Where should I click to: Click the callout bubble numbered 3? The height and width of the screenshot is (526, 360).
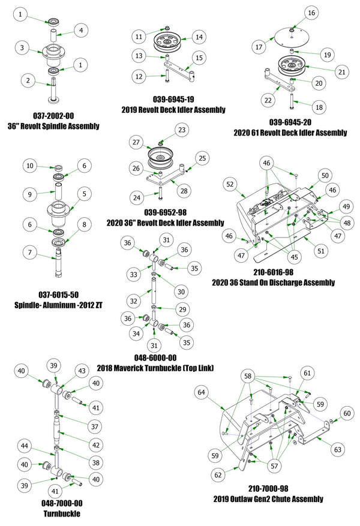click(22, 47)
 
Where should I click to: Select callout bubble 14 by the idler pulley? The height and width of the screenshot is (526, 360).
click(199, 37)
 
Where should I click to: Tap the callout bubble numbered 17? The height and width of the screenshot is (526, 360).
click(259, 46)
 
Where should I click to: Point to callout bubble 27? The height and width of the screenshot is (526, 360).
click(137, 143)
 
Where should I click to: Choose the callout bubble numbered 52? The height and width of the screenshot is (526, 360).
click(230, 186)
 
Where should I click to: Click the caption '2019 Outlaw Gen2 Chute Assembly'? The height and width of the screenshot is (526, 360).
click(268, 498)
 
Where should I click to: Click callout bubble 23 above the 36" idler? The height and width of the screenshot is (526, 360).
click(182, 129)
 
